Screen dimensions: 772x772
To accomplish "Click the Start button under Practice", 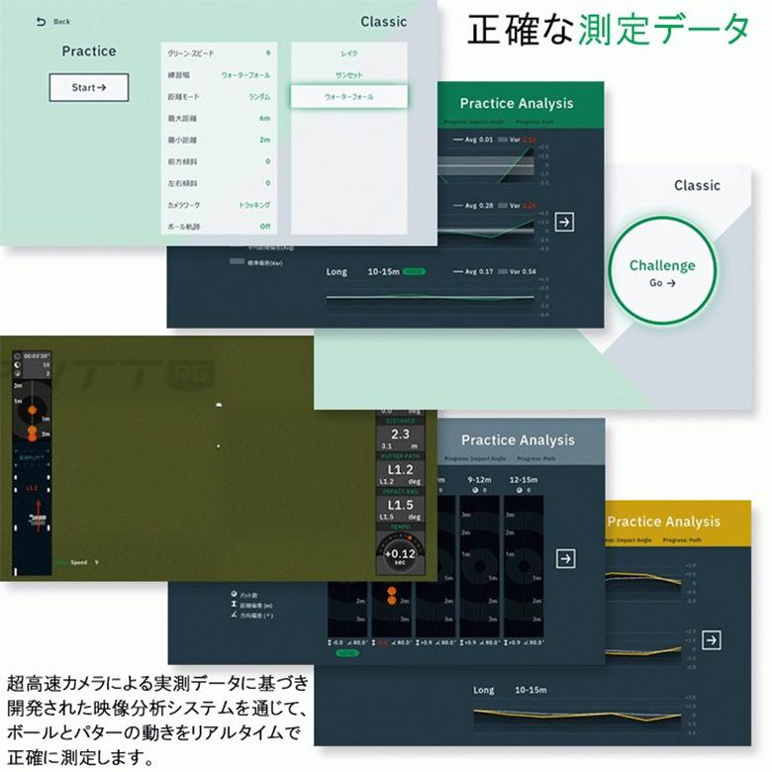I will (x=89, y=87).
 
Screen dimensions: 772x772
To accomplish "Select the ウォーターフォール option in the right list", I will (x=348, y=97).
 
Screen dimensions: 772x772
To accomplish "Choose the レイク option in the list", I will (x=348, y=53).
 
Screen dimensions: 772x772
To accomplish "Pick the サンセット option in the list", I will (x=348, y=75).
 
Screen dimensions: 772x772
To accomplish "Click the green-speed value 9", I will (x=267, y=53).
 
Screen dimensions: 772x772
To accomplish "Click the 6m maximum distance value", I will (x=264, y=119).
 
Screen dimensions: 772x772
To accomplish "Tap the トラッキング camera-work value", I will (x=254, y=205).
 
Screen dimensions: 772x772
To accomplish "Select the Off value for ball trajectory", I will (x=264, y=227).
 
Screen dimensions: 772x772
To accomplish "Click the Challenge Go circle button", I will (x=662, y=272).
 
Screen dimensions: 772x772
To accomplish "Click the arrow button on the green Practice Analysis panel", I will (x=564, y=222).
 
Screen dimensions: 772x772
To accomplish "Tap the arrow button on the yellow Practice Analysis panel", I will (x=711, y=640).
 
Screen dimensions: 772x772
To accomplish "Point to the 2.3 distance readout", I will (x=400, y=434).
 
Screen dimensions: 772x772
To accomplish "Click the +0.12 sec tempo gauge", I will (x=400, y=554).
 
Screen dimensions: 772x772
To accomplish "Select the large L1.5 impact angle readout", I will (x=400, y=506).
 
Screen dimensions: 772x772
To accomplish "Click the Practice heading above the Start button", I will (x=89, y=51).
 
